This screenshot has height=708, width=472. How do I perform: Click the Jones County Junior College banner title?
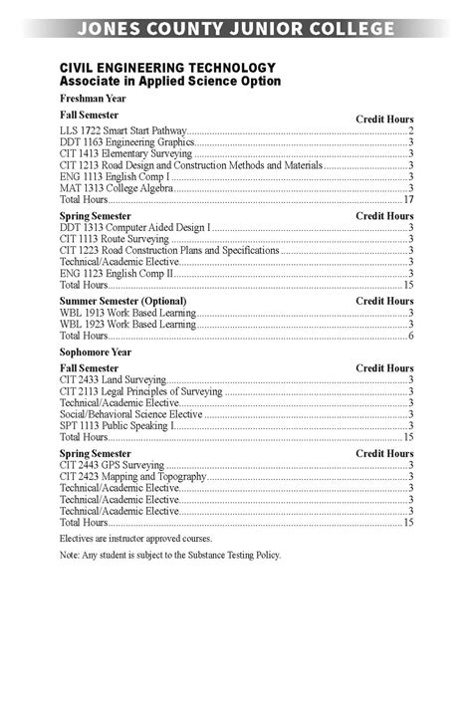[x=236, y=29]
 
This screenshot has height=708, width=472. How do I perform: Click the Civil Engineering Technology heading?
[x=153, y=67]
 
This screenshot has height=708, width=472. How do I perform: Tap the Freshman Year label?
[x=93, y=100]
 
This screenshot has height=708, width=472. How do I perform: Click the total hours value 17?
[x=408, y=199]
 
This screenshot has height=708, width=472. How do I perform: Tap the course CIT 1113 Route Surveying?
[x=115, y=239]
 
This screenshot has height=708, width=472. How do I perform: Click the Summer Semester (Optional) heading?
[x=122, y=301]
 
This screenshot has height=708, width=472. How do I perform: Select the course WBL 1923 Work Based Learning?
[x=127, y=324]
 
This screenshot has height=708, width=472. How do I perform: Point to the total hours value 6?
[x=410, y=336]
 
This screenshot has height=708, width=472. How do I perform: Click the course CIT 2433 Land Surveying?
[x=113, y=380]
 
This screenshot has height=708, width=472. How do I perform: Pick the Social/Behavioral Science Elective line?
[x=130, y=414]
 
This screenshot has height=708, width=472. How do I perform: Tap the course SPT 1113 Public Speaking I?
[x=118, y=426]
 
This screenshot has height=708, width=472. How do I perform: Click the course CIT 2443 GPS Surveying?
[x=112, y=465]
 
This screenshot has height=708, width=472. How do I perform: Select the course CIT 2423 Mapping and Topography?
[x=132, y=477]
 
